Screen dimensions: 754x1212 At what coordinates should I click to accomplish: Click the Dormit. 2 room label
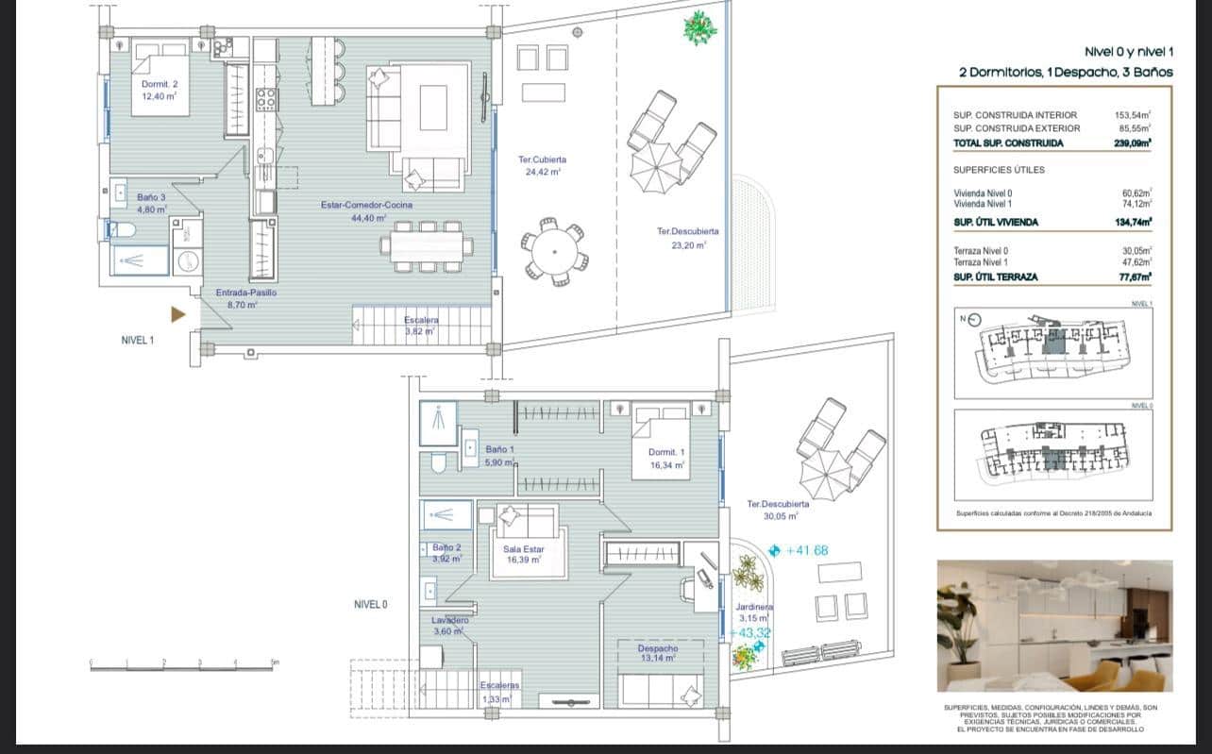tap(159, 90)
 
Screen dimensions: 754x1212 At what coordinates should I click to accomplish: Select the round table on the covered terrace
tap(554, 252)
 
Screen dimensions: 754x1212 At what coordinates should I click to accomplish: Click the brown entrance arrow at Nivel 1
tap(177, 314)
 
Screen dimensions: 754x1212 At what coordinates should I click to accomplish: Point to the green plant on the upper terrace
tap(699, 27)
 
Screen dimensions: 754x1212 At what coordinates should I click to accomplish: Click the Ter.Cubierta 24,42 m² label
tap(542, 166)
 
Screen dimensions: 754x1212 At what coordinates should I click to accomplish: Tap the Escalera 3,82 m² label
tap(421, 326)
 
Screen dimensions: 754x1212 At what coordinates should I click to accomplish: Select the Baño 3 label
tap(151, 204)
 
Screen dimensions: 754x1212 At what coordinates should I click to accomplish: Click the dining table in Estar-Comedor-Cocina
tap(427, 246)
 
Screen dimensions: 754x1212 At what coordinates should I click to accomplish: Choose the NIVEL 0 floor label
tap(370, 605)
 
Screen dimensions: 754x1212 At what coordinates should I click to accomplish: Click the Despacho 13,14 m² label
tap(657, 653)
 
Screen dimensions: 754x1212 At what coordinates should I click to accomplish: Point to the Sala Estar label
tap(523, 554)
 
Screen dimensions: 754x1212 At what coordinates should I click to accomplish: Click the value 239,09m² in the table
tap(1132, 143)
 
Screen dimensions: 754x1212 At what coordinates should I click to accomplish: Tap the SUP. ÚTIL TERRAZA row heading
tap(996, 276)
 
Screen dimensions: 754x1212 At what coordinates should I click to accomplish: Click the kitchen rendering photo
tap(1054, 626)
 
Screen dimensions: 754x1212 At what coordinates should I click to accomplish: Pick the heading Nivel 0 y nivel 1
tap(1128, 53)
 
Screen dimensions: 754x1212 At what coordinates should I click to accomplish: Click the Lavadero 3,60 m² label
tap(449, 626)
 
